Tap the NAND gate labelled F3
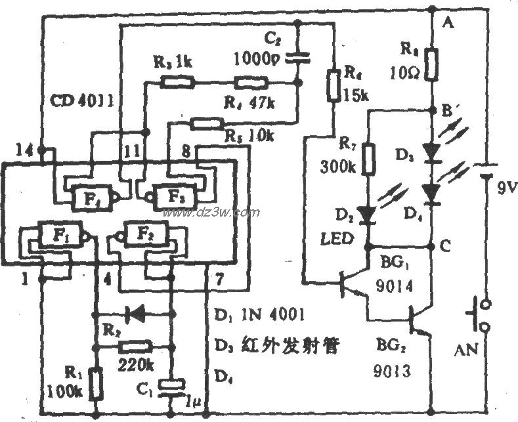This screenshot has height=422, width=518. point(173,195)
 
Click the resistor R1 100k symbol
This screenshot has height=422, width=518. point(96,383)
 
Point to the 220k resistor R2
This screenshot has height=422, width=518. point(137,346)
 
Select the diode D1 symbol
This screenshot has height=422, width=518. point(136,314)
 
